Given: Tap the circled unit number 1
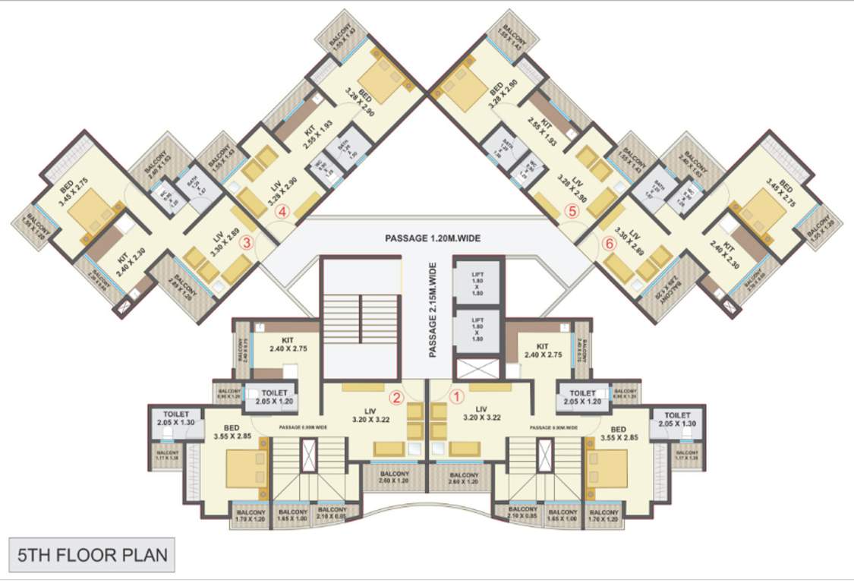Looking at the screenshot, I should click(457, 395).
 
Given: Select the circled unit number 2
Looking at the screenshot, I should click(395, 395).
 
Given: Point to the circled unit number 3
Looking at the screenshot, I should click(247, 243).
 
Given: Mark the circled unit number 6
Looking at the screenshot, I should click(609, 243).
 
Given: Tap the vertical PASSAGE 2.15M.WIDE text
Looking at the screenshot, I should click(433, 310).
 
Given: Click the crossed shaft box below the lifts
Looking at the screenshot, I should click(477, 370).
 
